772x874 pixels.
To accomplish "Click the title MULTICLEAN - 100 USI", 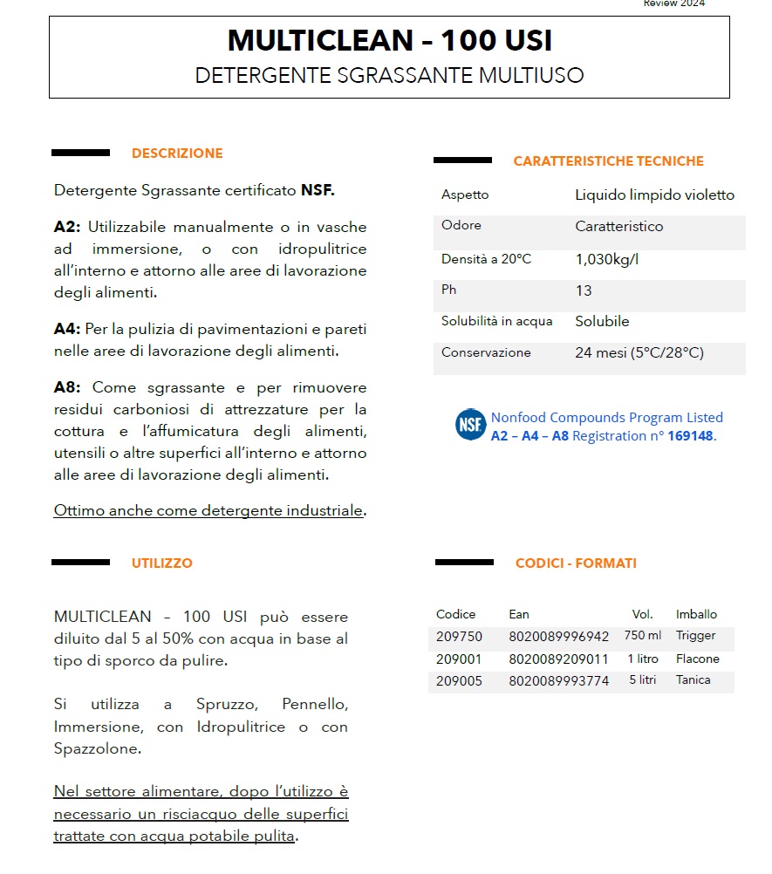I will (389, 41).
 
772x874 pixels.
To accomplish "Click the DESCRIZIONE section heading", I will (177, 154).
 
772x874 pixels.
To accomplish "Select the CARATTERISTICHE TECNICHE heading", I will (608, 161).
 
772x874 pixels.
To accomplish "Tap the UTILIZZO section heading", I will (162, 563).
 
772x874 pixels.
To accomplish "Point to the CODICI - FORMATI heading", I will (576, 563).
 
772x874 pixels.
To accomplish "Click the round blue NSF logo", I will (470, 425).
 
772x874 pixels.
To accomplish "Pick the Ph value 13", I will (584, 290).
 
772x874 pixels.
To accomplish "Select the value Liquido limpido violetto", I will (654, 195).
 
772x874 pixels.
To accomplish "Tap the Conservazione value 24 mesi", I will (639, 353).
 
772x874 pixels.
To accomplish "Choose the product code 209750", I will (459, 637).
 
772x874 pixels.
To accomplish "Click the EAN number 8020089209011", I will (558, 659).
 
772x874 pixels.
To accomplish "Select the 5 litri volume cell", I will (643, 680).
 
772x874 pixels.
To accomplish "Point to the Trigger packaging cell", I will (695, 636).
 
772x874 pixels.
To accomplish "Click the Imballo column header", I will (696, 614).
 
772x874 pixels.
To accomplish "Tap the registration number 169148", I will (690, 436).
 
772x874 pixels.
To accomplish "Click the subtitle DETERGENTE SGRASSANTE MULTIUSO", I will (389, 75).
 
